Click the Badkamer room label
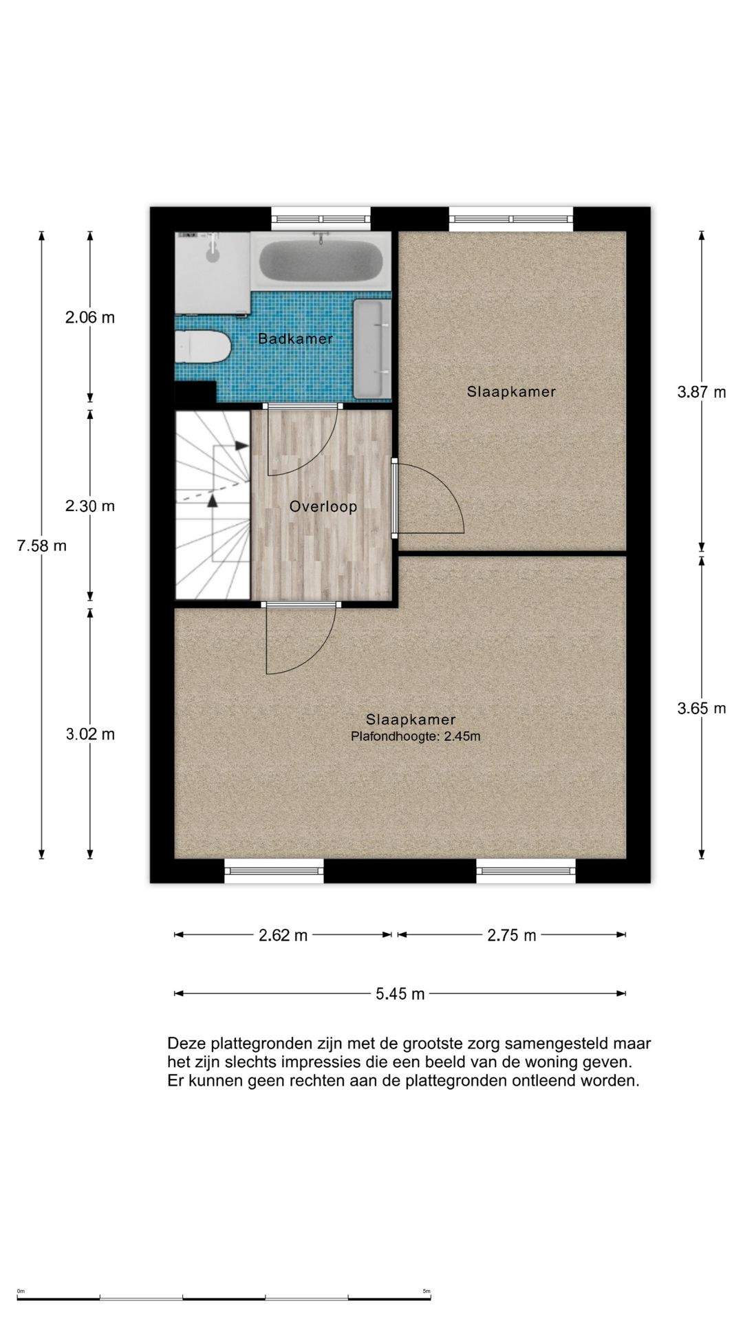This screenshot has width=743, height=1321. (295, 339)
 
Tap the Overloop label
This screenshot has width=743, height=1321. (323, 507)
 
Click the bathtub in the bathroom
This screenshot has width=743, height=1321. (320, 261)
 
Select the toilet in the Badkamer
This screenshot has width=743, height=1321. (202, 347)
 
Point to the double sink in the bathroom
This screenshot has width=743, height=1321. (372, 349)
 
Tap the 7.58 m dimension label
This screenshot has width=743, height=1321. (42, 546)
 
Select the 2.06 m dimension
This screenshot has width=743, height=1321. (90, 317)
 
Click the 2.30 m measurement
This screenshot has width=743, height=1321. (90, 506)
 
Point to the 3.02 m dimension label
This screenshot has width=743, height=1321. (90, 734)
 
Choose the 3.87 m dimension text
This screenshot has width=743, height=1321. (702, 392)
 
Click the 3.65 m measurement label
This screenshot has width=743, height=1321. (702, 708)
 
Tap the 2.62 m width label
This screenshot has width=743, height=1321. (283, 935)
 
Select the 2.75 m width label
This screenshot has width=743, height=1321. (512, 935)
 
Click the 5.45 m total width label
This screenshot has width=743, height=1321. (400, 994)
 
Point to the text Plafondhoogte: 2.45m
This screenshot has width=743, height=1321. (416, 736)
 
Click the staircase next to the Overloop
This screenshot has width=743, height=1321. (213, 505)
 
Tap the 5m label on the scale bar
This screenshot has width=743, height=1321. (427, 1291)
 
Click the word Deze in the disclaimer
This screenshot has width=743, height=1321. (186, 1044)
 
